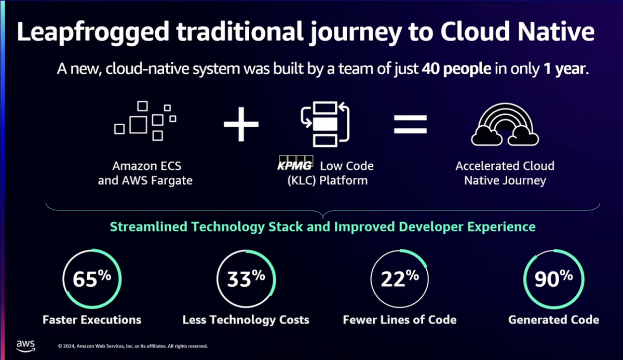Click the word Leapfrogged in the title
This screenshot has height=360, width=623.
pos(93,32)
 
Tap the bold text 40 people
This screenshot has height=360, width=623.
pos(456,69)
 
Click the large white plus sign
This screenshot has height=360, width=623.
pos(241,124)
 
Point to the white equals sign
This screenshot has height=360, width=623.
pos(410,124)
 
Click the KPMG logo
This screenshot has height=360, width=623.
pos(295,163)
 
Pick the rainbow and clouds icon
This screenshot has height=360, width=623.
pos(505,124)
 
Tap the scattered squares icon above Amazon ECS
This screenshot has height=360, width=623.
pos(145,121)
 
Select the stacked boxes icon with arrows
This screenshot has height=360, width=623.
pos(325,124)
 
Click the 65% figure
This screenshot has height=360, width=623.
pos(92,279)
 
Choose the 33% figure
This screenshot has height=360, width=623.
pos(246,279)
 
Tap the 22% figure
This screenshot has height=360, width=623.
pos(400,279)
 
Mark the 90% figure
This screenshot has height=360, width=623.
pos(553,279)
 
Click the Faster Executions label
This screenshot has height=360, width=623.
pos(92,320)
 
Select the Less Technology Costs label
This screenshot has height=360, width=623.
pos(246,320)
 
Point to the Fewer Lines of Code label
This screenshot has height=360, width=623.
pos(400,320)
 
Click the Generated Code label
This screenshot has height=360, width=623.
pos(554,320)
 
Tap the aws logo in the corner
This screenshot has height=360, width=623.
pos(25,346)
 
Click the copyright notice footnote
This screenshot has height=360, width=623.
pos(133,346)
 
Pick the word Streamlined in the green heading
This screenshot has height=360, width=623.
pos(148,226)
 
